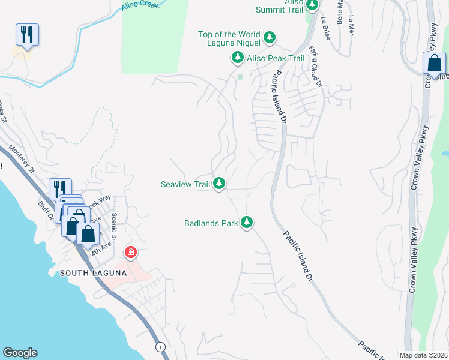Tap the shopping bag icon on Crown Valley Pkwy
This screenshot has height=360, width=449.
pos(434,64)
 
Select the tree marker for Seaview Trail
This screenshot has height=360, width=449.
pos(220,184)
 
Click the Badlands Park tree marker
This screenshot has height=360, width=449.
pos(246,223)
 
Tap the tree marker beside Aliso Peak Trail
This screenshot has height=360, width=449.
pos(238,58)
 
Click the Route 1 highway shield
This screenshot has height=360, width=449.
pos(160,347)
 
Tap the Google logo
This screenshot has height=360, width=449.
pos(20,353)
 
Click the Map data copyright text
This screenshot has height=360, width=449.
pos(423,355)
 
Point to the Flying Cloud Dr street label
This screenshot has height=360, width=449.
pos(316,67)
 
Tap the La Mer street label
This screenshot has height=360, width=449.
pos(351,26)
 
